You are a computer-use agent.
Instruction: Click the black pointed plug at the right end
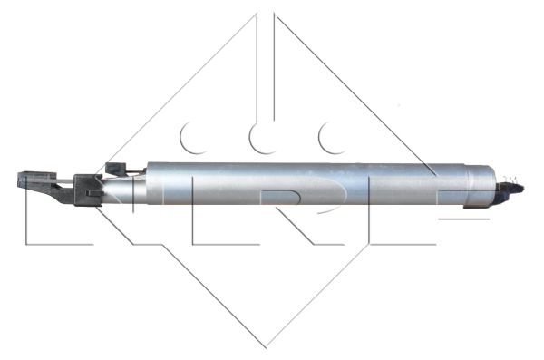pos(510,190)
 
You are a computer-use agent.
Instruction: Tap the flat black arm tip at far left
pos(34,179)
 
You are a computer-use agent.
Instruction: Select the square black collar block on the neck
pos(88,190)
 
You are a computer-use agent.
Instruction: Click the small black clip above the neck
pos(115,169)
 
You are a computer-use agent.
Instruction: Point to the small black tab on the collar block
pos(94,193)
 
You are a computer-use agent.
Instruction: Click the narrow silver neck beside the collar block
pos(125,190)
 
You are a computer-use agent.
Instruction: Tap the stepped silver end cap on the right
pos(481,186)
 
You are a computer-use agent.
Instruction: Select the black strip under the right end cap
pos(480,207)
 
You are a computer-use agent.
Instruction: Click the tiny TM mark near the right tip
pos(512,180)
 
